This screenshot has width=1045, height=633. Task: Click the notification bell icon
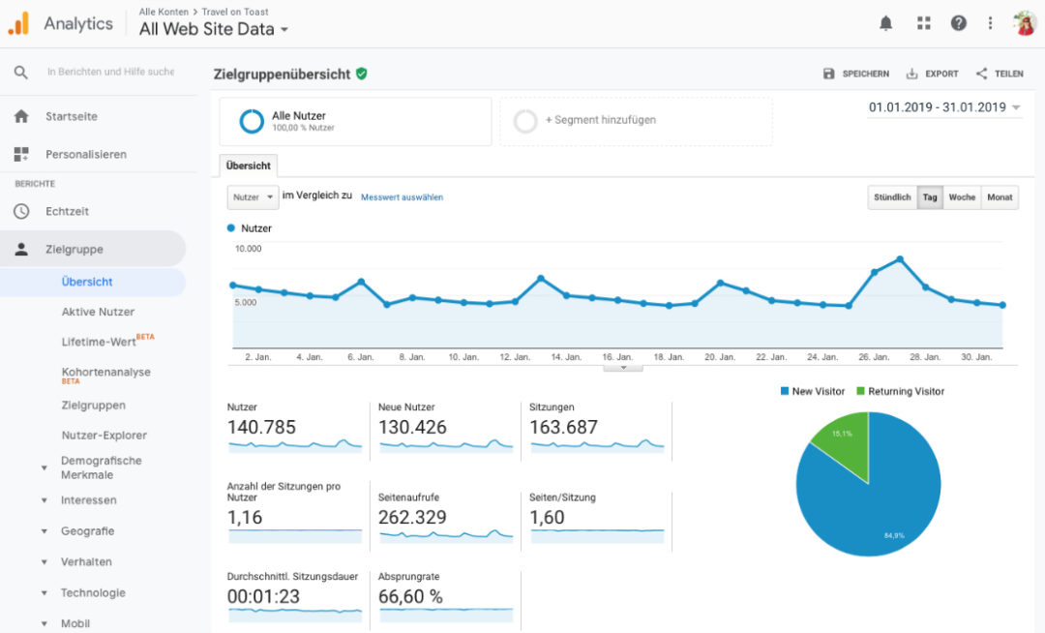click(x=885, y=23)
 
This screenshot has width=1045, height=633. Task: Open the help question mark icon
click(x=958, y=23)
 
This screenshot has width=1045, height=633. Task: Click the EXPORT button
click(x=932, y=74)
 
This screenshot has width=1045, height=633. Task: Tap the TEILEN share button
click(x=1000, y=74)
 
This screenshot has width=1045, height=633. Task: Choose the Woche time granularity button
click(x=962, y=197)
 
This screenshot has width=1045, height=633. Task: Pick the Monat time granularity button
click(x=1000, y=197)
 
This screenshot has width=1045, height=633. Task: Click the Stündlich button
click(x=892, y=197)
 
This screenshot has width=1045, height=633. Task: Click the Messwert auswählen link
click(x=402, y=197)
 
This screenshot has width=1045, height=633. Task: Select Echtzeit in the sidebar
click(x=67, y=211)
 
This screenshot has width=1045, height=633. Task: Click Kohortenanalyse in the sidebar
click(x=105, y=372)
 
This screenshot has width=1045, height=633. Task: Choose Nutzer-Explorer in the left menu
click(x=104, y=436)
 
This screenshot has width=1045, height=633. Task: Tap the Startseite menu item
click(x=71, y=116)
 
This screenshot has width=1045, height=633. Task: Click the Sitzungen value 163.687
click(x=563, y=427)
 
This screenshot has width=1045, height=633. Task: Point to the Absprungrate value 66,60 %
click(x=410, y=597)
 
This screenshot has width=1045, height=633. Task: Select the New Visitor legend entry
click(x=812, y=391)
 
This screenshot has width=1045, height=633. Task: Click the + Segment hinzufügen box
click(x=636, y=120)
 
